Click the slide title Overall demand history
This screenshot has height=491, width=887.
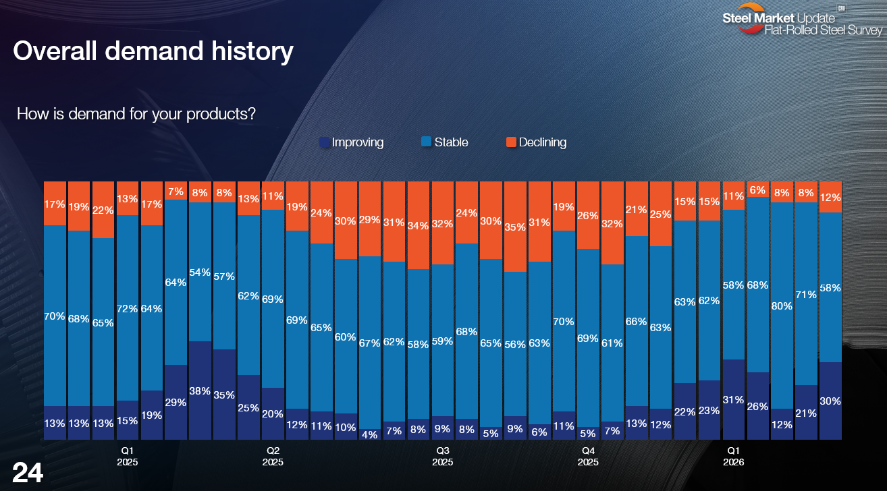[153, 52]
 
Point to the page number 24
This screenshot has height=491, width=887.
[28, 473]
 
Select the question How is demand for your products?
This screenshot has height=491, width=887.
[136, 113]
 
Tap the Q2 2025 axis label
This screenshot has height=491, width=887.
[273, 456]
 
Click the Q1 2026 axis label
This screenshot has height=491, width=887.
[733, 456]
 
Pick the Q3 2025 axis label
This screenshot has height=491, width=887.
[442, 456]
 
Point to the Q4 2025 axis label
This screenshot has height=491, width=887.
[588, 456]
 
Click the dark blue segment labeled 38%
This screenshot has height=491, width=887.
[200, 391]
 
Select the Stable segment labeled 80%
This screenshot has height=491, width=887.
[782, 305]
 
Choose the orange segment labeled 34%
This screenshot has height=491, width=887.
[418, 225]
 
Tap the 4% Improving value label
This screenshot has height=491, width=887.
[369, 434]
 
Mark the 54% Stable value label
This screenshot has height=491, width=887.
[200, 272]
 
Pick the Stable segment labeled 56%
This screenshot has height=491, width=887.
[515, 344]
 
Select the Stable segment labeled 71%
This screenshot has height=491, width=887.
[806, 293]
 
